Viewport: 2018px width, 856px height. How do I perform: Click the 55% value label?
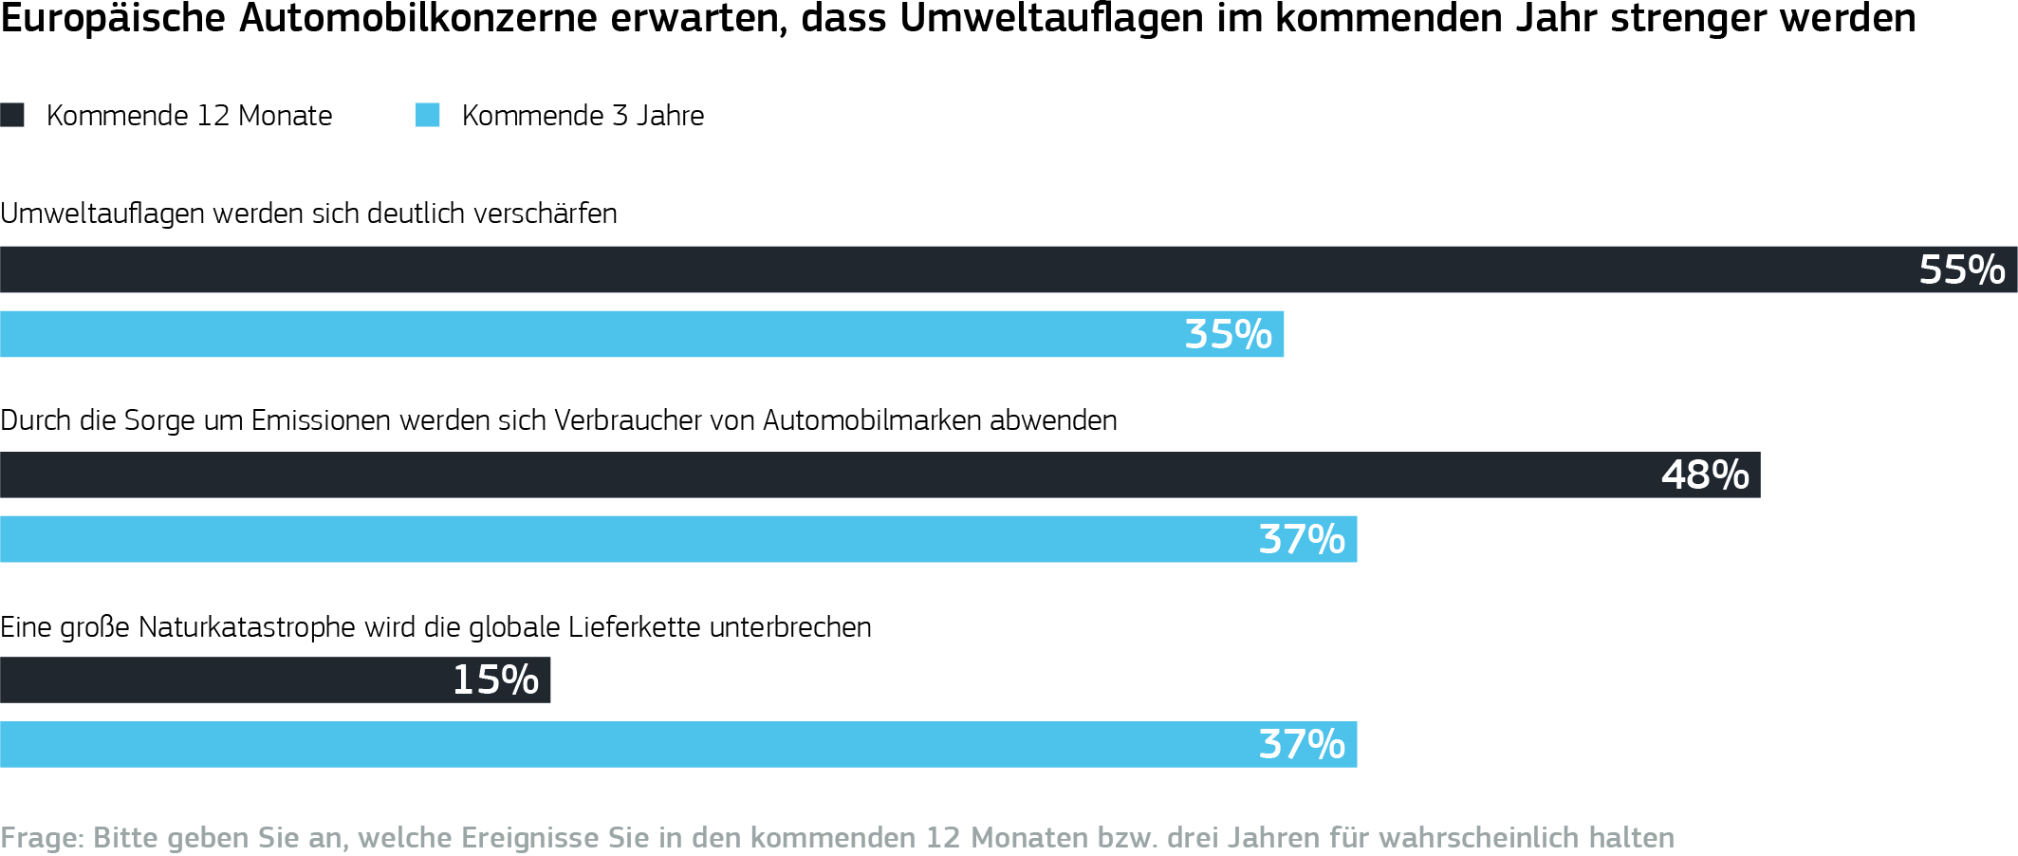(1961, 270)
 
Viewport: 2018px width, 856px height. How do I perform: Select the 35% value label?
(1228, 334)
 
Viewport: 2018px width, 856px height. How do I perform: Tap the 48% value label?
(1704, 475)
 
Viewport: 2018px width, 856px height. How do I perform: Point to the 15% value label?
(495, 679)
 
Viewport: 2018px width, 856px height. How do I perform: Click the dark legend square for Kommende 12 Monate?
(12, 115)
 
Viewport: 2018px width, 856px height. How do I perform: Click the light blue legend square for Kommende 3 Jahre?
(427, 115)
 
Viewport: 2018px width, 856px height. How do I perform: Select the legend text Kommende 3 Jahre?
(583, 116)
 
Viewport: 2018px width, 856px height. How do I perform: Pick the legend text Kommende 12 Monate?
(189, 116)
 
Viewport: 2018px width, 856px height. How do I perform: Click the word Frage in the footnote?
(40, 838)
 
